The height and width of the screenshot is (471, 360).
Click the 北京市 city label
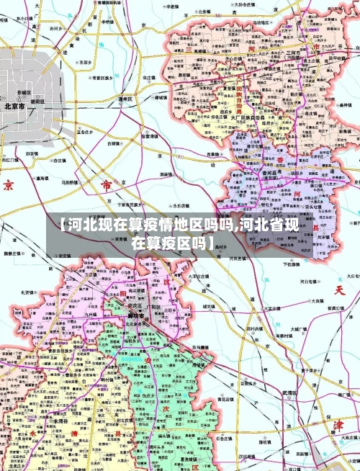coord(14,106)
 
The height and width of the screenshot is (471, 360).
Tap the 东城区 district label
coord(24,93)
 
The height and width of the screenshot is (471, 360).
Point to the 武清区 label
coord(289,392)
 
